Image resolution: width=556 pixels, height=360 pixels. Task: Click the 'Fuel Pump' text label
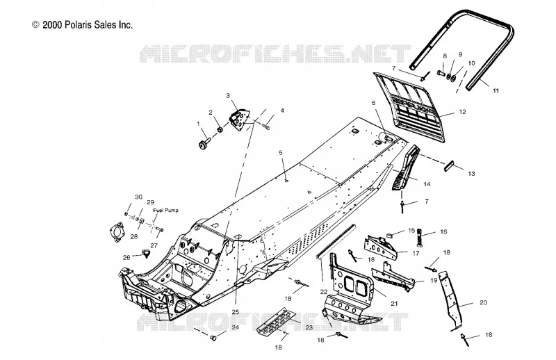pos(165,211)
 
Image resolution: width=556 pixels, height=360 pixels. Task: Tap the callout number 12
pos(462,112)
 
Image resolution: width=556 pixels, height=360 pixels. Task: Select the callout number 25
pos(236,312)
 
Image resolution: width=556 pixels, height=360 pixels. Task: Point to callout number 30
pos(138,197)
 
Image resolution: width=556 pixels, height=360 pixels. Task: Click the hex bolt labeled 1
pos(204,145)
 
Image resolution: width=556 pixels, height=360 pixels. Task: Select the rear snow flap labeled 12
pos(409,106)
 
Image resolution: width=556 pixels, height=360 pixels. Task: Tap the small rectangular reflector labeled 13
pos(449,165)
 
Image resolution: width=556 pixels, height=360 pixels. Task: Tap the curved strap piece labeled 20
pos(450,301)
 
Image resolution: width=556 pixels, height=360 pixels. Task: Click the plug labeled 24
pos(213,338)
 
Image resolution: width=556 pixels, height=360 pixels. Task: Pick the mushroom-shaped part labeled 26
pos(146,253)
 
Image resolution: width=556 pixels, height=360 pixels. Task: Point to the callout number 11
pos(496,90)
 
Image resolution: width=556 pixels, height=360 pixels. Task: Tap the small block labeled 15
pos(389,234)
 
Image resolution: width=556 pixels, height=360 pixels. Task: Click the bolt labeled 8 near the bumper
pos(441,73)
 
